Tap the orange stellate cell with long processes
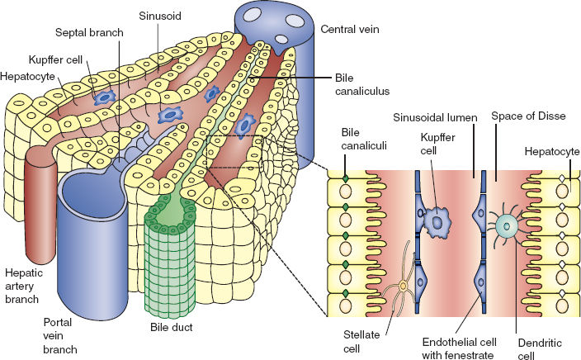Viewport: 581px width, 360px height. (404, 287)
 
